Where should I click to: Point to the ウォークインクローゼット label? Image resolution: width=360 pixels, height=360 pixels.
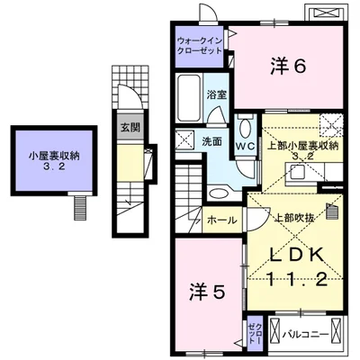202,46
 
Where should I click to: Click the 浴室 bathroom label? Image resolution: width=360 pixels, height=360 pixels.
216,94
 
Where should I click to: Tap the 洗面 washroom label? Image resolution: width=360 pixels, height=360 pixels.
211,141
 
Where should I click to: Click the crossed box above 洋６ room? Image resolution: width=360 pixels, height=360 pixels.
324,13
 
